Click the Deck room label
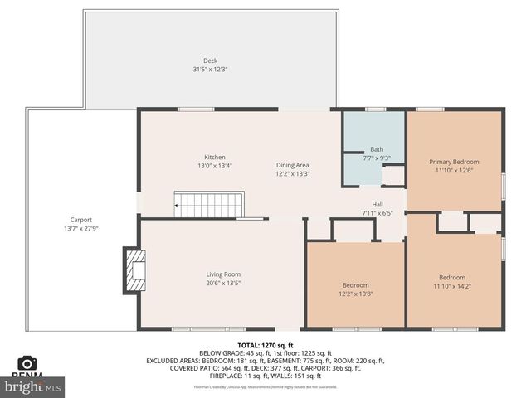(x=210, y=61)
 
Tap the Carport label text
(x=80, y=220)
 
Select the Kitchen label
(x=215, y=158)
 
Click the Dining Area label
(x=293, y=165)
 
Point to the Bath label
(x=377, y=149)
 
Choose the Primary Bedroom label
(x=454, y=162)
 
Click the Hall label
(x=377, y=204)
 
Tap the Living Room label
(x=223, y=274)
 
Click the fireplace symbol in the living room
(x=134, y=269)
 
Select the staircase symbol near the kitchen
(x=209, y=204)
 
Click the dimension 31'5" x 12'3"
(x=210, y=70)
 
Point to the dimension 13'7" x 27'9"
(x=80, y=229)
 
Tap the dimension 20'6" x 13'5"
(x=223, y=284)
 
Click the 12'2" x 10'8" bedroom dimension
(x=355, y=294)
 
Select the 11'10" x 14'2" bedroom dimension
(x=452, y=287)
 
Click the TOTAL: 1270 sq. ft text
(x=265, y=344)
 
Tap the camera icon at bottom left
(x=27, y=363)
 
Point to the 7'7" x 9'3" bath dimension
(x=377, y=158)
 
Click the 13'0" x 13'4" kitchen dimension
(x=215, y=167)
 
